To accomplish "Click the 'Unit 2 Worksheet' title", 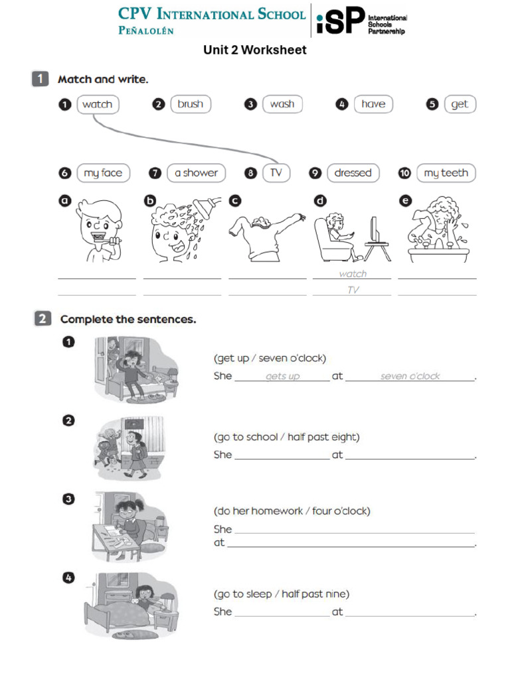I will point(255,50).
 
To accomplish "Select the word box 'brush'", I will point(191,104).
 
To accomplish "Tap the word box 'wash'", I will point(282,104).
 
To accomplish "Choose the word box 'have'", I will point(373,104).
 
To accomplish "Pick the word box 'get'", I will point(460,104).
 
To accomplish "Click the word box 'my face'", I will point(103,173).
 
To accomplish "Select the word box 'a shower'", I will point(196,173).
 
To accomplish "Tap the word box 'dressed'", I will point(353,173).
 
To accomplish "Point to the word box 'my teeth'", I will point(446,173).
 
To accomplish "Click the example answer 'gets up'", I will point(282,377).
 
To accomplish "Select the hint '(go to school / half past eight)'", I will point(286,437).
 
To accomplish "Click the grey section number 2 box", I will point(41,319).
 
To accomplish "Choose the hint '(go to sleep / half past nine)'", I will point(281,594).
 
